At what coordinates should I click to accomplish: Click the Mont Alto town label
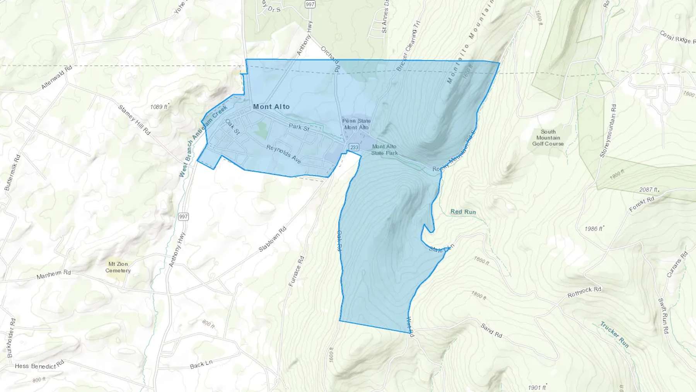pyautogui.click(x=271, y=106)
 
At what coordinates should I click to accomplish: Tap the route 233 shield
pyautogui.click(x=354, y=147)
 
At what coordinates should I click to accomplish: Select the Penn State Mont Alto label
pyautogui.click(x=356, y=124)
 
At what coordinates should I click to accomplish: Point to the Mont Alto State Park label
pyautogui.click(x=384, y=149)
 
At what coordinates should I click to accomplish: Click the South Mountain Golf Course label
pyautogui.click(x=548, y=138)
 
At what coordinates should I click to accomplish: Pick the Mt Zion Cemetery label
pyautogui.click(x=118, y=267)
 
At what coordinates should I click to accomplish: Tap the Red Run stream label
pyautogui.click(x=463, y=212)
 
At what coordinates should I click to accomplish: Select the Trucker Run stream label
pyautogui.click(x=614, y=334)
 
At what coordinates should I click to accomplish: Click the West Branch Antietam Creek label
pyautogui.click(x=203, y=141)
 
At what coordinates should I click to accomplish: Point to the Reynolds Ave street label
pyautogui.click(x=284, y=154)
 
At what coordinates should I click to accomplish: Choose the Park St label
pyautogui.click(x=299, y=127)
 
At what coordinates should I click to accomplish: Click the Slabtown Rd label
pyautogui.click(x=272, y=239)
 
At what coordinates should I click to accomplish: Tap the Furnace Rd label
pyautogui.click(x=297, y=271)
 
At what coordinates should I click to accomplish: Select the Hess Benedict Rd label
pyautogui.click(x=39, y=365)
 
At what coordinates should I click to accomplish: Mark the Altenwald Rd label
pyautogui.click(x=57, y=77)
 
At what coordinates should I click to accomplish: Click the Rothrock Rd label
pyautogui.click(x=584, y=292)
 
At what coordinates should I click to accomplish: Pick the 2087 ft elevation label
pyautogui.click(x=648, y=190)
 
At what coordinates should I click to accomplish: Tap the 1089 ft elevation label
pyautogui.click(x=159, y=107)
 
